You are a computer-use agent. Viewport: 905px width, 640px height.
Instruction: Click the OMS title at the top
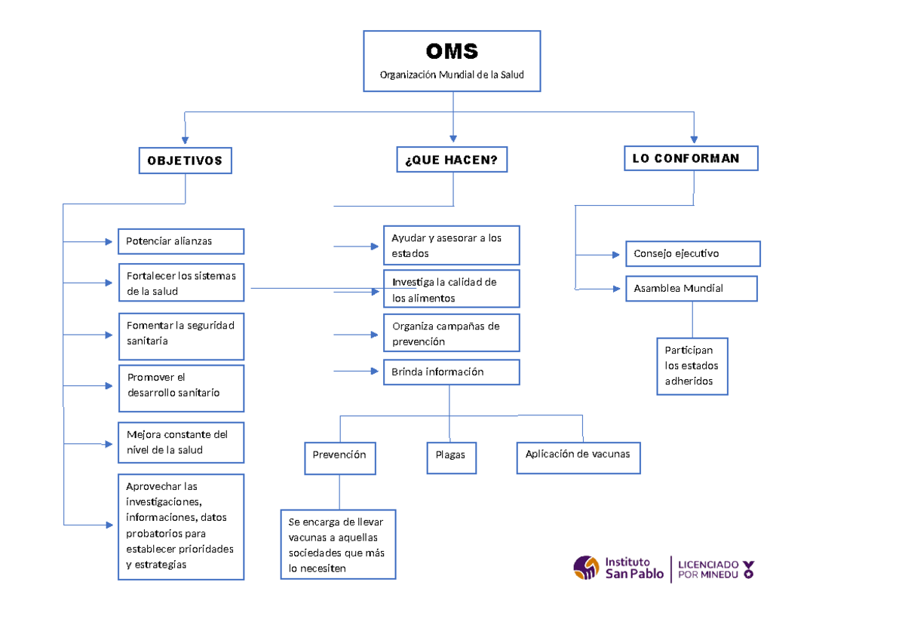tap(451, 51)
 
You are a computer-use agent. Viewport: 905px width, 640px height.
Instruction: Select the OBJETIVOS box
tap(185, 161)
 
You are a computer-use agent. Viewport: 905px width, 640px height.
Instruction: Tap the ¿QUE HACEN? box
tap(452, 160)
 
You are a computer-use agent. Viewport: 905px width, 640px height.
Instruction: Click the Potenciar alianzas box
tap(181, 241)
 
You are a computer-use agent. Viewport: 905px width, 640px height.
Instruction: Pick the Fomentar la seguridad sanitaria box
tap(181, 336)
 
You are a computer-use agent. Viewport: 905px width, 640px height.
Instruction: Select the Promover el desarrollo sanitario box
tap(181, 388)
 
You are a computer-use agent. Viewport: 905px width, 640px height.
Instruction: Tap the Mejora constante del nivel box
tap(181, 442)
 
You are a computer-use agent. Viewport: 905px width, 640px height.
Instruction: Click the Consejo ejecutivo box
tap(692, 254)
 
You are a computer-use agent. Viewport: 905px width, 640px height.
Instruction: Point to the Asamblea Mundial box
tap(691, 289)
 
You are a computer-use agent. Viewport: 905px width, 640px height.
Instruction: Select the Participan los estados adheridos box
tap(692, 366)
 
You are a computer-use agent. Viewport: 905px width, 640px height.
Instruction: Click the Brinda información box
tap(451, 372)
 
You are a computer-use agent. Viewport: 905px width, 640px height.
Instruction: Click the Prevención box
tap(339, 458)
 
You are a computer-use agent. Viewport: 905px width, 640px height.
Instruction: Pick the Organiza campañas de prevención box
tap(451, 333)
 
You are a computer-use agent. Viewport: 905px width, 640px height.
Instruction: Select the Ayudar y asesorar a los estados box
tap(451, 245)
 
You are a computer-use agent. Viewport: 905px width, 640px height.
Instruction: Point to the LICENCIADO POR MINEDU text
tap(708, 569)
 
